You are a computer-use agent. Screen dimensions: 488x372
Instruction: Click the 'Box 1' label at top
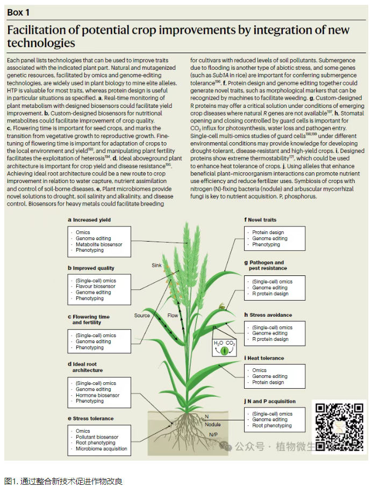coord(18,12)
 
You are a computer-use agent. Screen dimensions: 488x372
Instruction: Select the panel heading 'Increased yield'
coord(91,220)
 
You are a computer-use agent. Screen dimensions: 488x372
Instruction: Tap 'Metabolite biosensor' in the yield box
coord(99,244)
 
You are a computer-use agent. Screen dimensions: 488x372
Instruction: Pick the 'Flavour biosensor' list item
coord(95,286)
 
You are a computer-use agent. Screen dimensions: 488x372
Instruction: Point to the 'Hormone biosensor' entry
coord(97,395)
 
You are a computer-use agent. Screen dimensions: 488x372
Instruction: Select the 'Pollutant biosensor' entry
coord(97,437)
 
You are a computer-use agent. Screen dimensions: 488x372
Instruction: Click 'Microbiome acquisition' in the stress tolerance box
coord(101,449)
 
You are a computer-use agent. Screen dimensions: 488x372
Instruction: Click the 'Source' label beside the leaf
coord(142,315)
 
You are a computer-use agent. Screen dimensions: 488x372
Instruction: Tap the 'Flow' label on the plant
coord(173,315)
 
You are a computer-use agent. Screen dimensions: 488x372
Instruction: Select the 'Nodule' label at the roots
coord(212,424)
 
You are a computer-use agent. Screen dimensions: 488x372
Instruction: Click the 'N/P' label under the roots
coord(213,434)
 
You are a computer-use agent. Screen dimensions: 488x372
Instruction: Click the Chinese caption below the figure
coord(64,481)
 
